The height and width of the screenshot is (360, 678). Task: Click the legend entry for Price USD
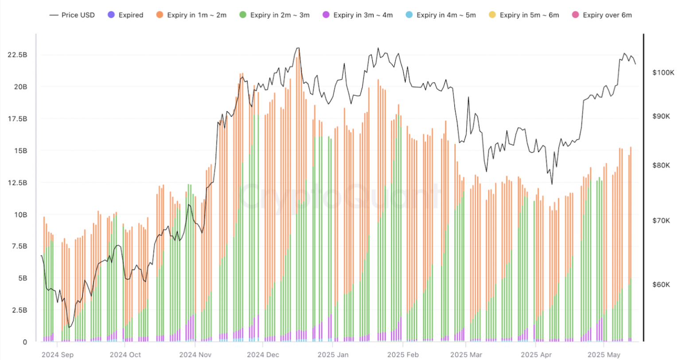pyautogui.click(x=72, y=15)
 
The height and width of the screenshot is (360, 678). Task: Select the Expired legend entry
pyautogui.click(x=125, y=15)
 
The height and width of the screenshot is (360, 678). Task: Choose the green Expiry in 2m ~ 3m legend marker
pyautogui.click(x=243, y=15)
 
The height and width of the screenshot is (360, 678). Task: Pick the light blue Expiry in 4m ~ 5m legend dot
pyautogui.click(x=409, y=15)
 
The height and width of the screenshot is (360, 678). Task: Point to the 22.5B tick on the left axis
pyautogui.click(x=17, y=55)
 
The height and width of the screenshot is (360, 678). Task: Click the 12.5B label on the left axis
pyautogui.click(x=17, y=183)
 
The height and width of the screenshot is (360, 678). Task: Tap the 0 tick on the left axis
pyautogui.click(x=25, y=342)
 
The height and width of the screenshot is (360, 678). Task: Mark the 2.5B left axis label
pyautogui.click(x=19, y=310)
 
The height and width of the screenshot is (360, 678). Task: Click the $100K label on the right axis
pyautogui.click(x=663, y=72)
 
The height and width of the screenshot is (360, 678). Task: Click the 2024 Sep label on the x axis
pyautogui.click(x=58, y=355)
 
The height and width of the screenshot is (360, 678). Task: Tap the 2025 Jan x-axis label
pyautogui.click(x=333, y=355)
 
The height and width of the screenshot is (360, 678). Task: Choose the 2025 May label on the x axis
pyautogui.click(x=604, y=355)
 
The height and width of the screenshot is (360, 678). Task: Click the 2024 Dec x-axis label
pyautogui.click(x=263, y=355)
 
